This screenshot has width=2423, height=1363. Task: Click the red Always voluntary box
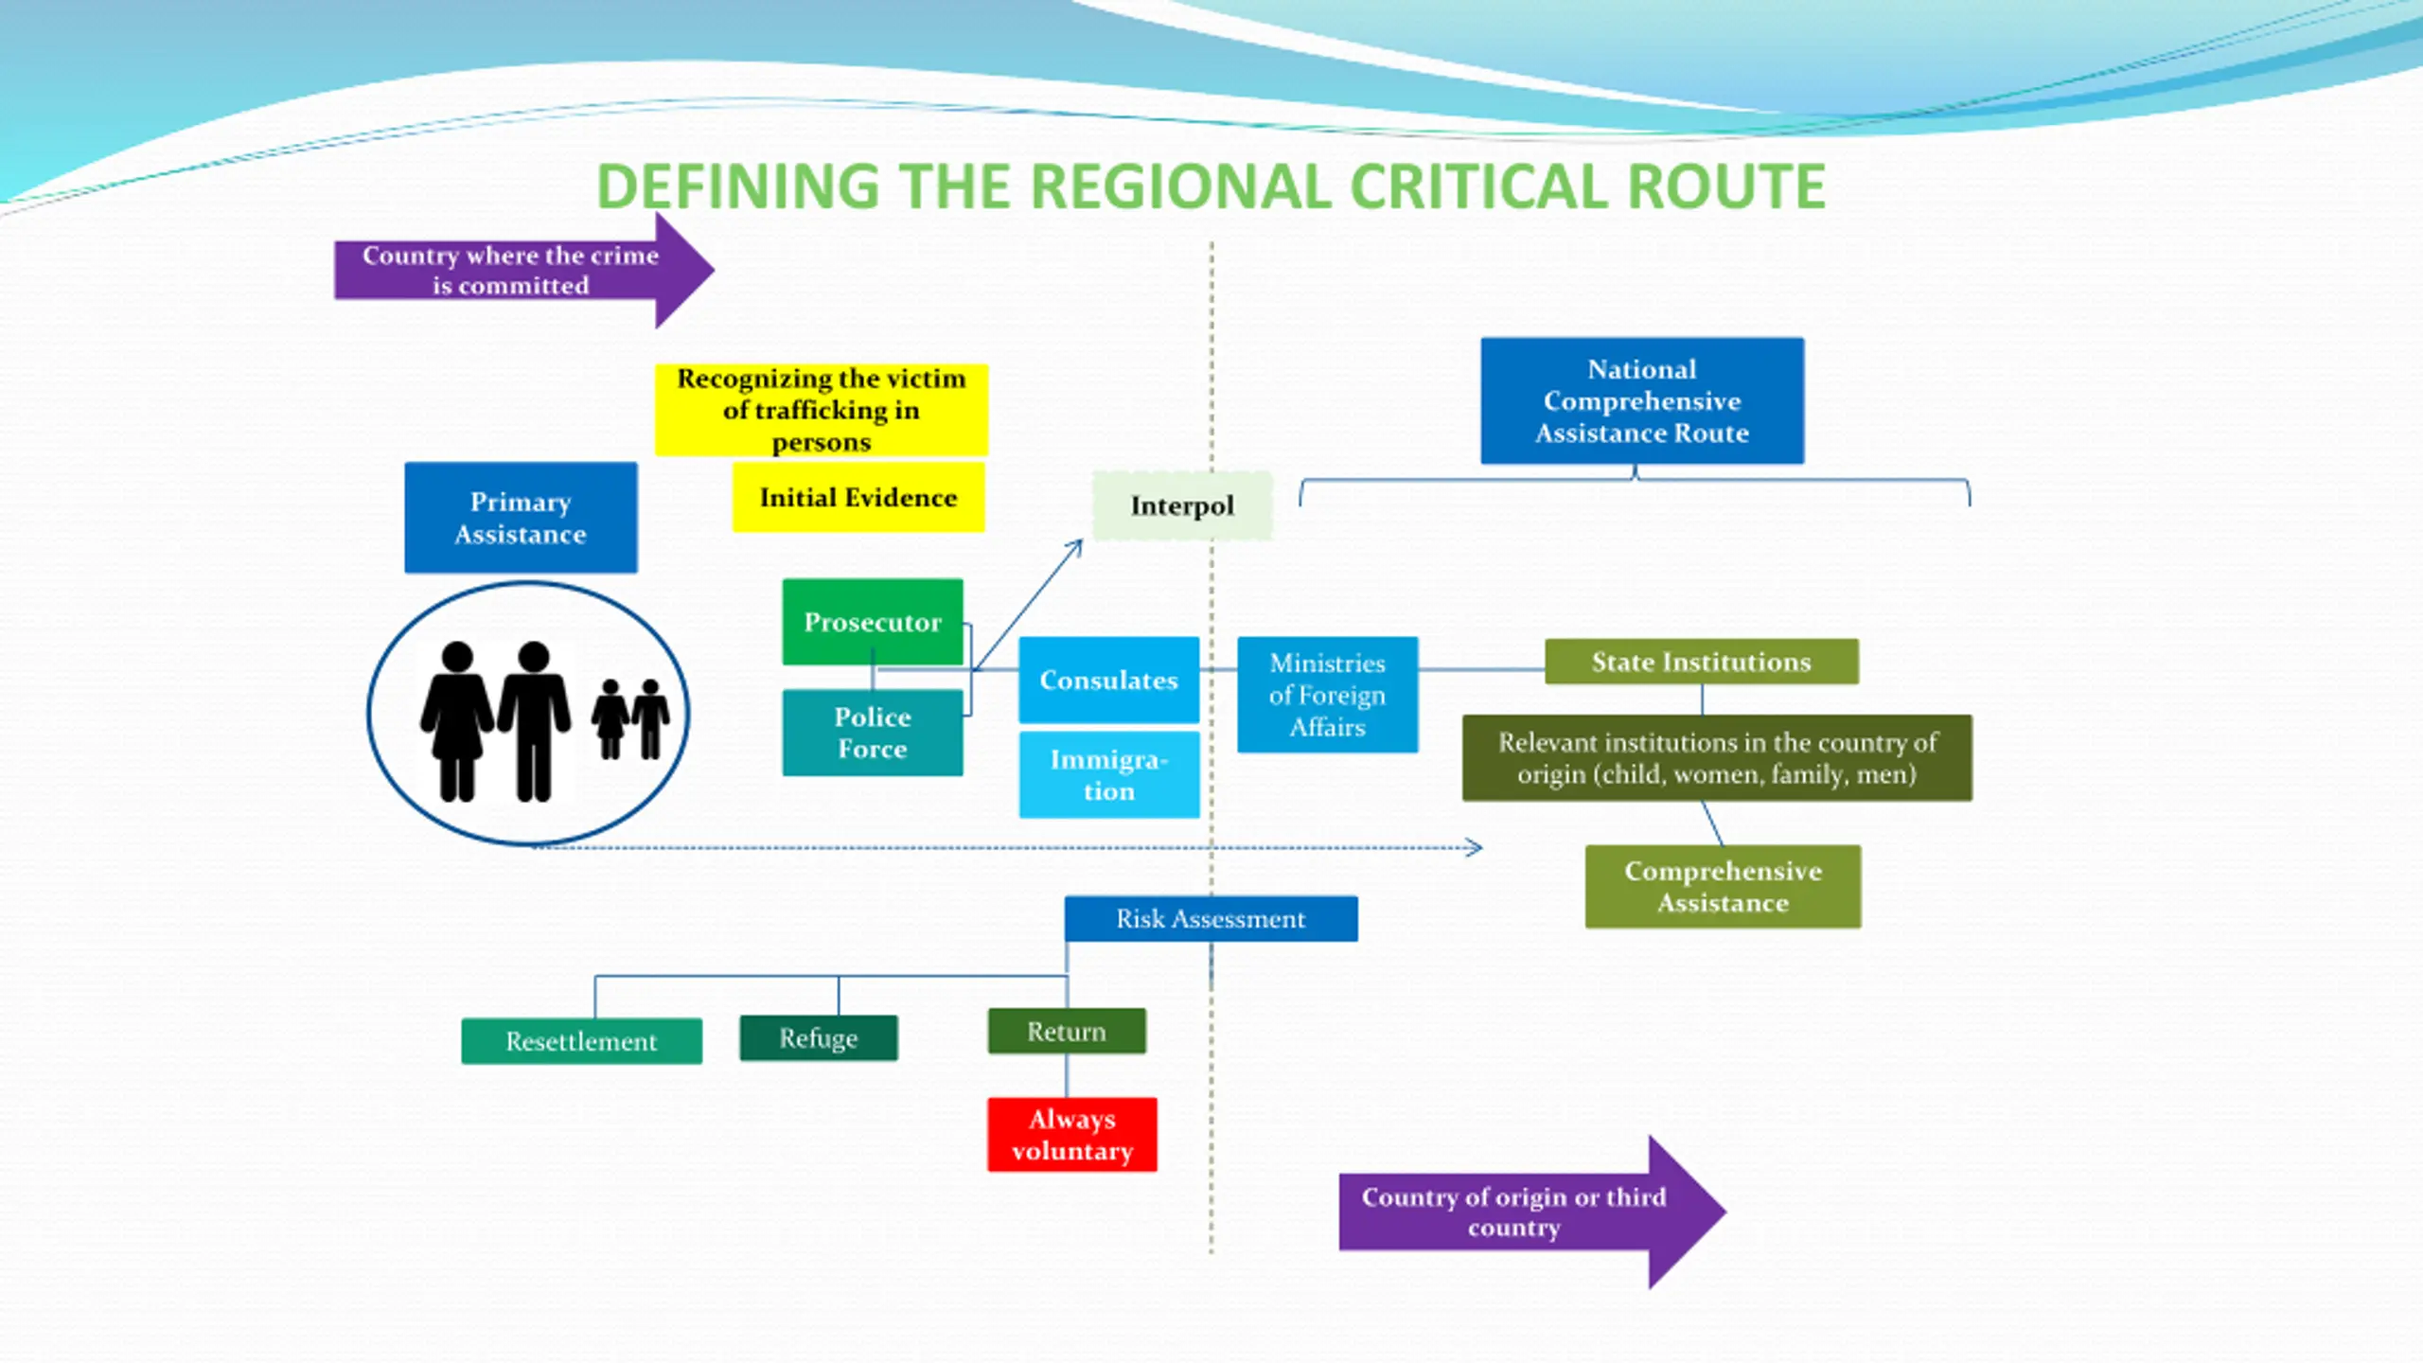click(x=1072, y=1134)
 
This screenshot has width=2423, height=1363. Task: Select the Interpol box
click(x=1182, y=505)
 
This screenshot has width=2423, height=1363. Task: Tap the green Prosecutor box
click(x=873, y=622)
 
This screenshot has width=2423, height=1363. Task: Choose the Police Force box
click(x=873, y=733)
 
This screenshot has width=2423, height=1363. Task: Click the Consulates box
click(x=1109, y=680)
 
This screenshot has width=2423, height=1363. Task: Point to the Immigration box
click(x=1109, y=774)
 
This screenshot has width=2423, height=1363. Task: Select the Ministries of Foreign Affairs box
click(x=1328, y=695)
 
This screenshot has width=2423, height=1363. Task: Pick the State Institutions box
click(x=1702, y=662)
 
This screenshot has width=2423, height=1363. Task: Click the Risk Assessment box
click(x=1211, y=919)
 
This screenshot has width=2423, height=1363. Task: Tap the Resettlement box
click(x=582, y=1041)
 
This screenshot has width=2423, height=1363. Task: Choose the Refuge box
click(x=819, y=1038)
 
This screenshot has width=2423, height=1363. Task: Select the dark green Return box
click(x=1067, y=1031)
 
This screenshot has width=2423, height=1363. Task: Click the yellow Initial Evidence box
click(x=858, y=497)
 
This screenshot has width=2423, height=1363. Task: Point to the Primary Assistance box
click(x=521, y=518)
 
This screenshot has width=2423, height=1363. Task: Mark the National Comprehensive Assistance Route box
click(x=1642, y=401)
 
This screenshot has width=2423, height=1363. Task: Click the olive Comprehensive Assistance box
click(x=1724, y=887)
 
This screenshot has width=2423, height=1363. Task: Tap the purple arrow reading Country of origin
click(x=1532, y=1213)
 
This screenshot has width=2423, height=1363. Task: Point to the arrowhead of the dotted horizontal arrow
click(x=1475, y=848)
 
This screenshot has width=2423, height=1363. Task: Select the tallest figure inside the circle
click(x=535, y=721)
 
